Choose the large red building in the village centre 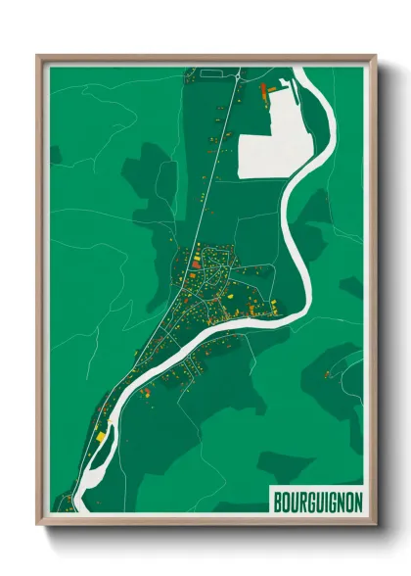click(196, 262)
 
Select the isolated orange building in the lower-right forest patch click(328, 373)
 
